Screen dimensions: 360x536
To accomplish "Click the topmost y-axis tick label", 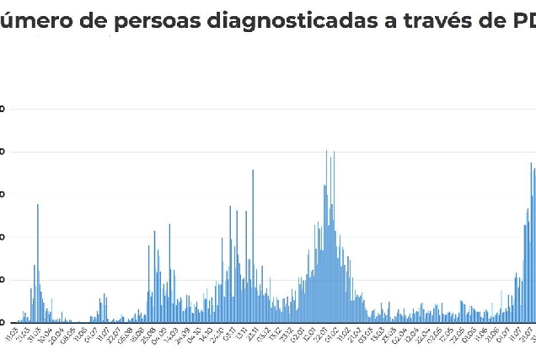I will coord(3,109).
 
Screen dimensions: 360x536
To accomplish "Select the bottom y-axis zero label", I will coord(3,322).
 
